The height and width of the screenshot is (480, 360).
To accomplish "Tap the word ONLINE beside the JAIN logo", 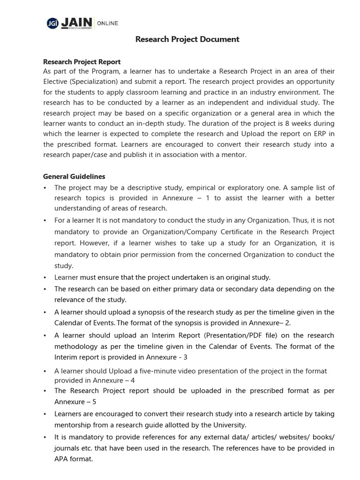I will click(x=107, y=23).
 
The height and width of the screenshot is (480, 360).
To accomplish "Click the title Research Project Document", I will click(x=187, y=39).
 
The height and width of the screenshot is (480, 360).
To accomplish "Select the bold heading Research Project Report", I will click(x=82, y=62).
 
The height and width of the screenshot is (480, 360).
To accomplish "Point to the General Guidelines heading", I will click(x=74, y=176).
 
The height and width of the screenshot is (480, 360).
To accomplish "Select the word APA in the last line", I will click(x=62, y=459).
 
